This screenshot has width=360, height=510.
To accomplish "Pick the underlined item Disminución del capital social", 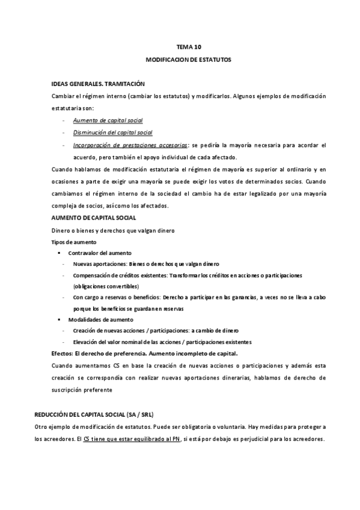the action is click(x=112, y=132).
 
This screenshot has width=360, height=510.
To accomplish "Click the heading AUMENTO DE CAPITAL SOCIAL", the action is click(x=94, y=217).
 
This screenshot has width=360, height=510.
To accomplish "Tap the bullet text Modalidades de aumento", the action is click(x=100, y=319).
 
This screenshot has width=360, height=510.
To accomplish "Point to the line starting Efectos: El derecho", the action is click(x=145, y=353).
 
